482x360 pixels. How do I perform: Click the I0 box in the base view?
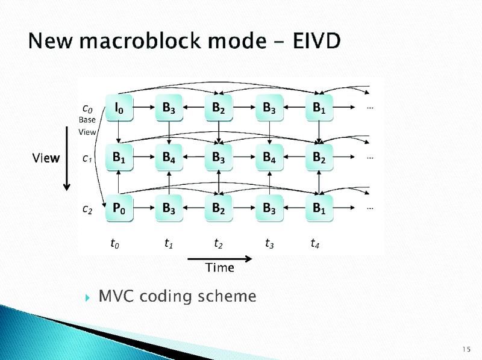pyautogui.click(x=119, y=108)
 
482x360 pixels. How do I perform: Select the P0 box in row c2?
pyautogui.click(x=119, y=209)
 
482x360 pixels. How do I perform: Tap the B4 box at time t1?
pyautogui.click(x=169, y=158)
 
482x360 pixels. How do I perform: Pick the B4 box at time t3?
pyautogui.click(x=270, y=158)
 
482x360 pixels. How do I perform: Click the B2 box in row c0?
pyautogui.click(x=219, y=108)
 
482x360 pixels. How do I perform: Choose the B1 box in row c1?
pyautogui.click(x=119, y=158)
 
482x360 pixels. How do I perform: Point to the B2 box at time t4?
pyautogui.click(x=319, y=158)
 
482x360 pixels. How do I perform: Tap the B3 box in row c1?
pyautogui.click(x=219, y=158)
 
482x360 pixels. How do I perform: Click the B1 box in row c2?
pyautogui.click(x=319, y=209)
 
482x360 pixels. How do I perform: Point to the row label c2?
pyautogui.click(x=87, y=209)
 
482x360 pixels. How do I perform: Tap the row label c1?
pyautogui.click(x=87, y=159)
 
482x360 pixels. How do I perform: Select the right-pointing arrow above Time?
pyautogui.click(x=211, y=259)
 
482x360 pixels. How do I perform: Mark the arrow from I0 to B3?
pyautogui.click(x=144, y=108)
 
